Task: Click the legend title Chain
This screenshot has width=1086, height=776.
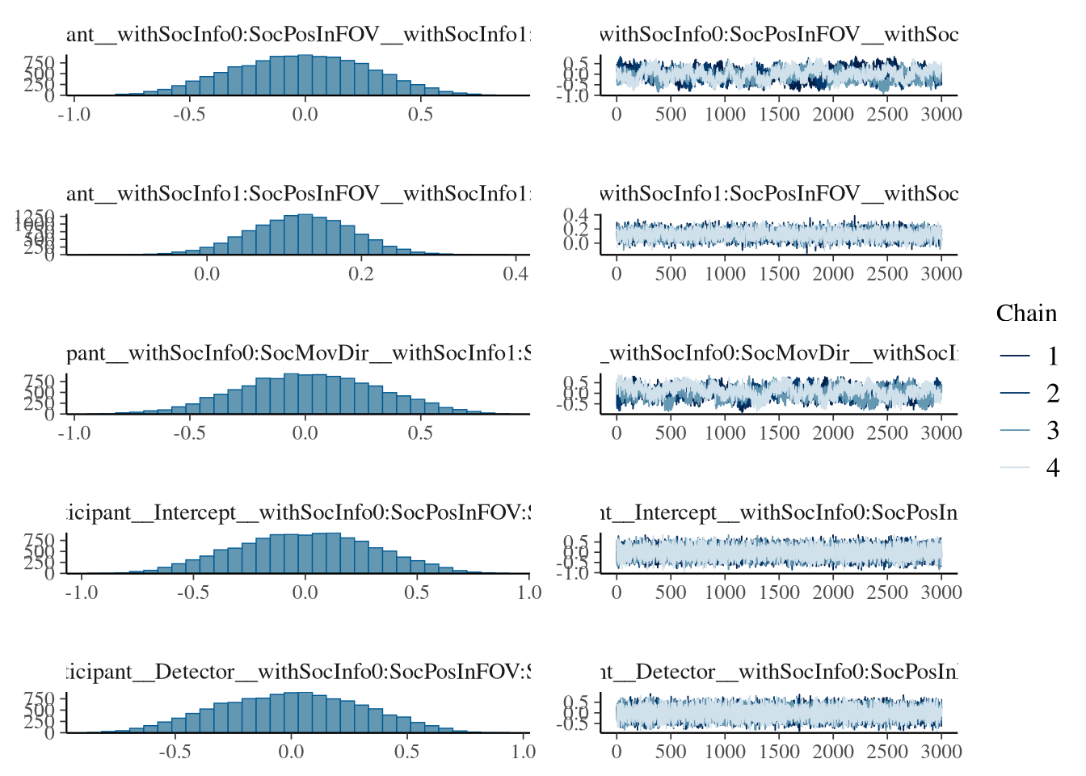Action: click(1026, 314)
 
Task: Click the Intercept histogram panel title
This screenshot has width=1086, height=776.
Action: click(297, 512)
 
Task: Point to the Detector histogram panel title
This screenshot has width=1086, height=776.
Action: click(297, 672)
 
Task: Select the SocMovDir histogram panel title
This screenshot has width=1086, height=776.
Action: click(297, 353)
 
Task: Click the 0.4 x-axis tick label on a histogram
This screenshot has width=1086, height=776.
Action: click(516, 274)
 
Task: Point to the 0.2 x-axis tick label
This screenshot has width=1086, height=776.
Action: click(361, 274)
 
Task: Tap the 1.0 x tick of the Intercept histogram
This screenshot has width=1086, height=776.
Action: click(528, 593)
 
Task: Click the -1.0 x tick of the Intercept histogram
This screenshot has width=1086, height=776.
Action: click(81, 593)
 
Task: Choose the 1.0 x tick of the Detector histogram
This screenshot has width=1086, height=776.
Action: click(523, 752)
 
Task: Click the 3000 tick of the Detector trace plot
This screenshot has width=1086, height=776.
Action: click(941, 752)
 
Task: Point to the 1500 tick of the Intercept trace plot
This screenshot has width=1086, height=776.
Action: click(779, 593)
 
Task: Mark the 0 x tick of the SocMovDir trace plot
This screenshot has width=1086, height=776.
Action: click(617, 433)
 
